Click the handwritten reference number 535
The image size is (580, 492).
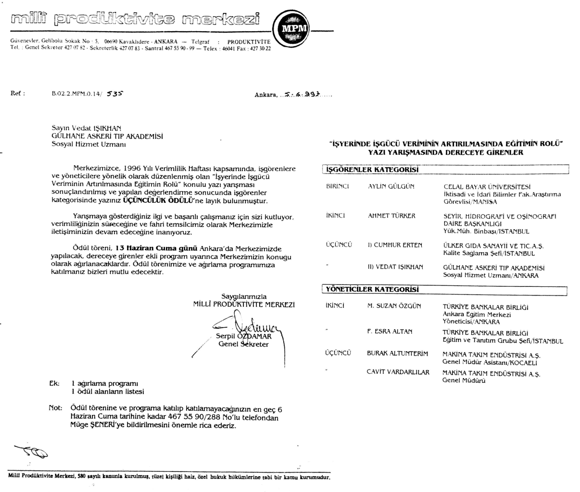[114, 94]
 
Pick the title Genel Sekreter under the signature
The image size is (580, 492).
[243, 344]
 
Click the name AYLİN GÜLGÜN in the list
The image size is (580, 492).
[391, 186]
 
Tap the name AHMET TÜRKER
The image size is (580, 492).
[391, 216]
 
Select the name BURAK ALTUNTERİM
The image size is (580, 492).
[397, 353]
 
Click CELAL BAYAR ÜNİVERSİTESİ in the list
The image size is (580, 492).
[487, 187]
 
